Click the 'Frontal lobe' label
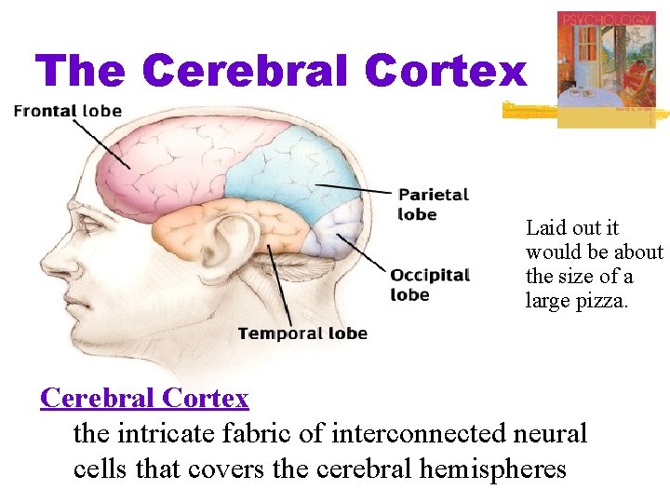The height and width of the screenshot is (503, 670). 67,111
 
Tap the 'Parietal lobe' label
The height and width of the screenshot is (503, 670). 433,204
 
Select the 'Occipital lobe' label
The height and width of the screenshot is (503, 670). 429,285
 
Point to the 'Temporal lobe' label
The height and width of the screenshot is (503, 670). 302,333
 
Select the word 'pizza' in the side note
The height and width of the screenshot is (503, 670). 605,300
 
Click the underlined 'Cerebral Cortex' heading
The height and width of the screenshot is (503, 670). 144,399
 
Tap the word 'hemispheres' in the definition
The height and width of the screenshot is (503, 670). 492,469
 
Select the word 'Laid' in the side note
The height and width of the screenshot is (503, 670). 545,227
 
